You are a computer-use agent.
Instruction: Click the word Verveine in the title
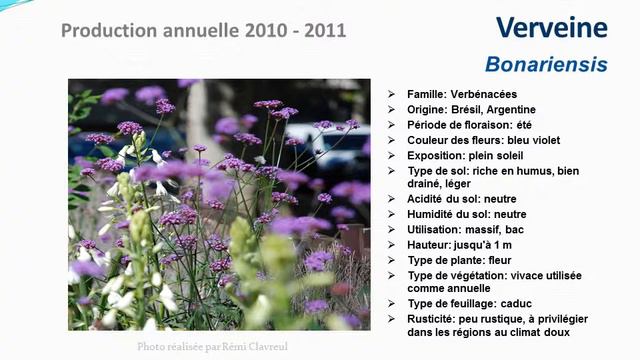(551, 28)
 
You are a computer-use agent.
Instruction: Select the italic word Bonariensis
(545, 65)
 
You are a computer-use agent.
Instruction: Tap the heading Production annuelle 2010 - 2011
(204, 30)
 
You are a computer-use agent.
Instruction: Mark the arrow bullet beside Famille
(392, 95)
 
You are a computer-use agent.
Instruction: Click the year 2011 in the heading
(324, 30)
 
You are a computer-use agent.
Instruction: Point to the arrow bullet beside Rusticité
(392, 318)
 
